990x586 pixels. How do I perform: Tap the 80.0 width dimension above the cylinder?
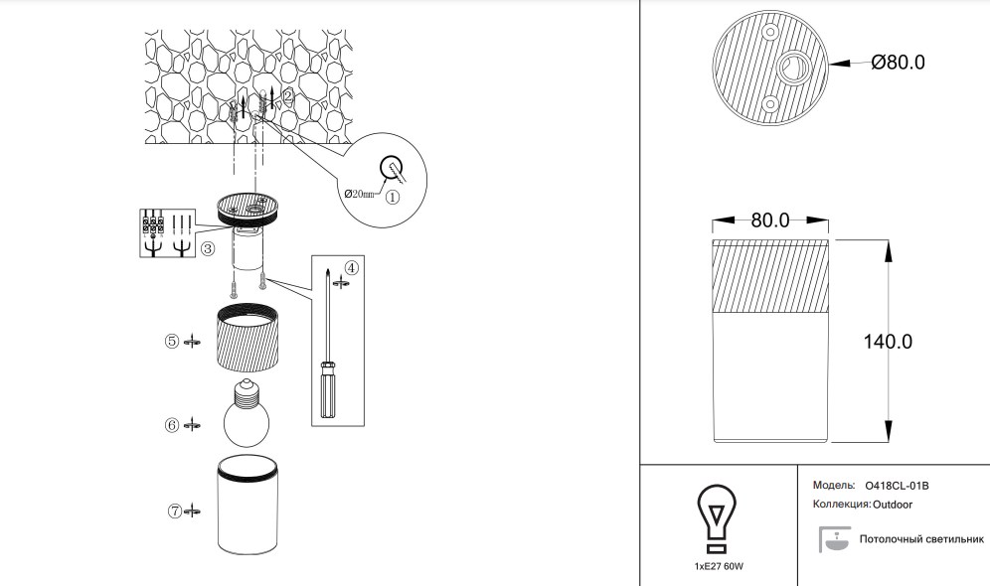pyautogui.click(x=770, y=220)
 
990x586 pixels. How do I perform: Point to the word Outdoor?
pyautogui.click(x=894, y=505)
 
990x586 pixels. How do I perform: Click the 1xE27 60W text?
pyautogui.click(x=719, y=566)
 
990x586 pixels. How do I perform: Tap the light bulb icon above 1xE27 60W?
pyautogui.click(x=716, y=516)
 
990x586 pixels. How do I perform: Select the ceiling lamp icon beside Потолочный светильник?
pyautogui.click(x=832, y=539)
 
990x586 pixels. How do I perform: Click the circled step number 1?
pyautogui.click(x=393, y=197)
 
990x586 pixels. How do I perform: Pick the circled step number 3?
pyautogui.click(x=207, y=249)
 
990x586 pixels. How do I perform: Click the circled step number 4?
pyautogui.click(x=351, y=267)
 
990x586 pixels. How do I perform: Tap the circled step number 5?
pyautogui.click(x=172, y=341)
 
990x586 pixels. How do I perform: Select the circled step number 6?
pyautogui.click(x=172, y=425)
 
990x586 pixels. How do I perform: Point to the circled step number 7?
pyautogui.click(x=175, y=512)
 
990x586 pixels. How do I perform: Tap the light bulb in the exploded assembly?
pyautogui.click(x=246, y=415)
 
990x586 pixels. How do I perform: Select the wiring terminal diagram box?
pyautogui.click(x=167, y=232)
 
